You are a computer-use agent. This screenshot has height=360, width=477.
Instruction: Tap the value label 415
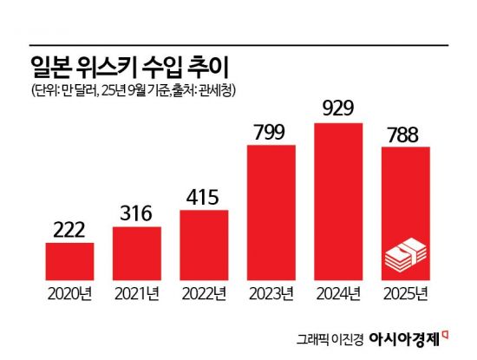[x=205, y=197]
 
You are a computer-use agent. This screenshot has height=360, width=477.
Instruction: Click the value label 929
[x=339, y=109]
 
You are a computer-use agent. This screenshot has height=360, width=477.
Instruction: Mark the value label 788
[x=406, y=134]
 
